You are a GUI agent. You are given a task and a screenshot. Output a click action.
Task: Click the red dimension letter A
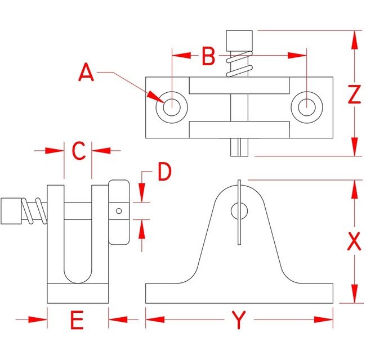[x=86, y=73]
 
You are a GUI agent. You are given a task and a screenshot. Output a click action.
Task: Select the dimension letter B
[x=209, y=56]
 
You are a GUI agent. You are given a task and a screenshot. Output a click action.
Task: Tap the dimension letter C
[x=78, y=151]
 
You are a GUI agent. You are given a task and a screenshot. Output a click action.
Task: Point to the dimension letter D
[x=164, y=173]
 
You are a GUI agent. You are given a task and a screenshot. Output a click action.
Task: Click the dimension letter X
[x=354, y=241]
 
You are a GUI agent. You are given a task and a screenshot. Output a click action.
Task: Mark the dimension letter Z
[x=354, y=95]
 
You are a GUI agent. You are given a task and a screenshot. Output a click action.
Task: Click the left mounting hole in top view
[x=171, y=106]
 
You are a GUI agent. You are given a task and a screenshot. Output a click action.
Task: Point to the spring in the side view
[x=34, y=211]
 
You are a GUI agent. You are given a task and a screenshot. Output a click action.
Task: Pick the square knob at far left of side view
[x=11, y=211]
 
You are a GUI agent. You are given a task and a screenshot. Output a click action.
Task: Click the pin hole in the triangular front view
[x=239, y=211]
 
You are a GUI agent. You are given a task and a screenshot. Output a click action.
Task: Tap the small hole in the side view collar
[x=119, y=211]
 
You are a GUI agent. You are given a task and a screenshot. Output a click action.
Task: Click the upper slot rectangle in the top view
[x=239, y=85]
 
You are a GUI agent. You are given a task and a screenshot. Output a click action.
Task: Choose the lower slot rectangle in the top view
[x=239, y=129]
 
